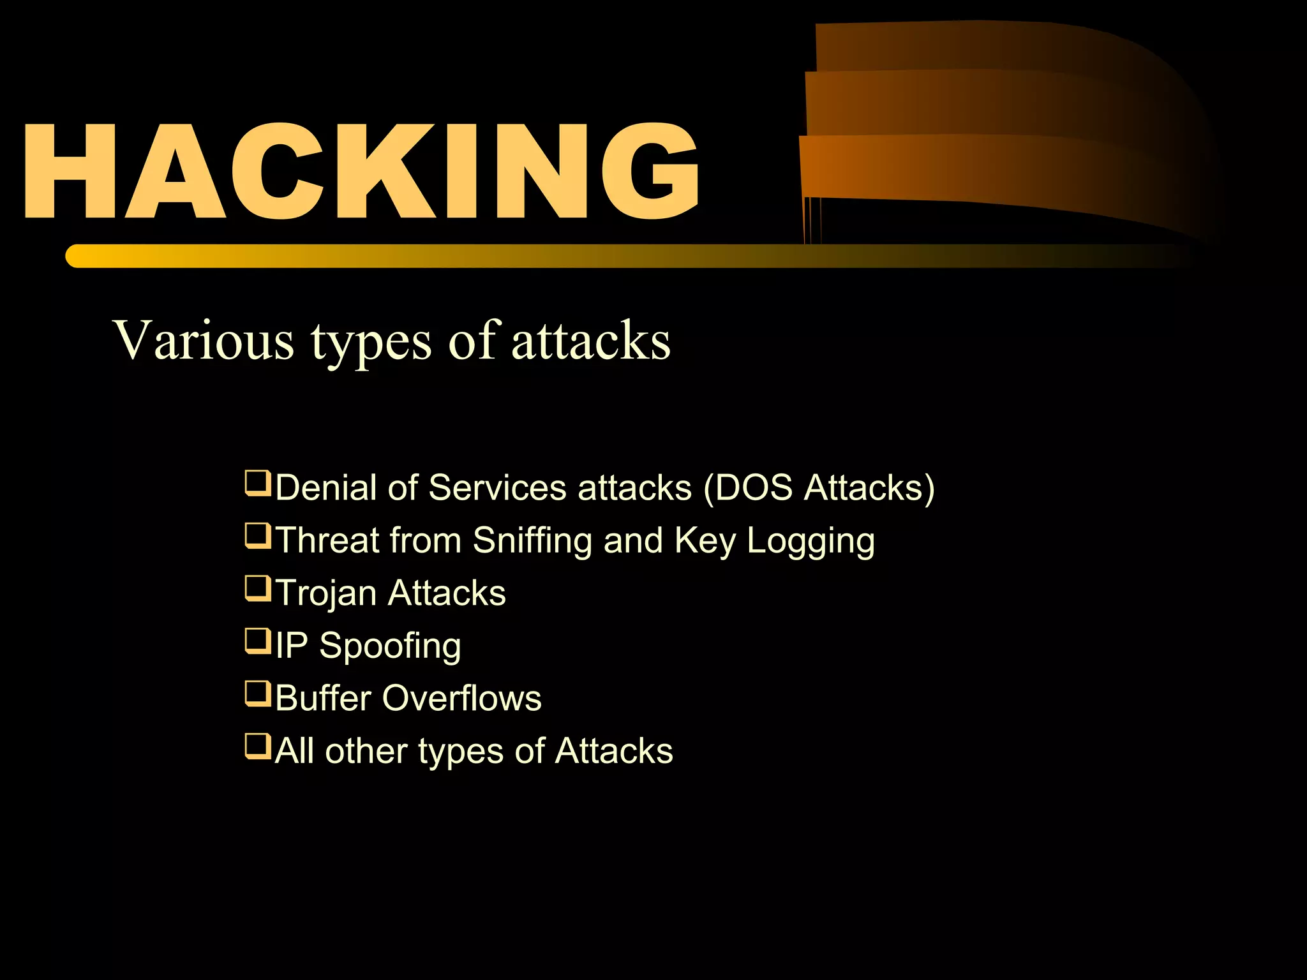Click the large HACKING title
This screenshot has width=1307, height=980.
tap(361, 171)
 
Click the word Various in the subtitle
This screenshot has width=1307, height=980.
tap(203, 339)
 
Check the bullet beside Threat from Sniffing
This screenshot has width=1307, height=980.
tap(258, 536)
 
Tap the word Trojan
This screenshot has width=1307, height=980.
tap(325, 593)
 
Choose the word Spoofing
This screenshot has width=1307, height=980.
tap(390, 646)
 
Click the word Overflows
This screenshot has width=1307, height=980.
tap(461, 698)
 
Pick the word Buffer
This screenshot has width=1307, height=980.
tap(323, 698)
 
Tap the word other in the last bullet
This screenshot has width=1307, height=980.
tap(366, 750)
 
